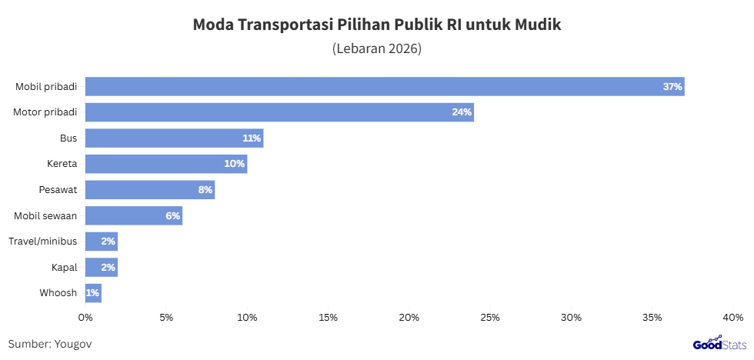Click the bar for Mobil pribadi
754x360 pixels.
pyautogui.click(x=385, y=87)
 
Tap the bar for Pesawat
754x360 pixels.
pyautogui.click(x=150, y=190)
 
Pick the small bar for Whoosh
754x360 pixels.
pyautogui.click(x=93, y=293)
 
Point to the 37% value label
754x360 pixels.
pyautogui.click(x=672, y=87)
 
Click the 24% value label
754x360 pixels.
pyautogui.click(x=462, y=112)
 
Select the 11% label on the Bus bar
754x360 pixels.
pyautogui.click(x=252, y=138)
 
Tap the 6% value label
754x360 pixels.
pyautogui.click(x=172, y=216)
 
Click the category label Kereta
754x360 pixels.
pyautogui.click(x=62, y=164)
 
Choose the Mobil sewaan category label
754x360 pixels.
pyautogui.click(x=46, y=216)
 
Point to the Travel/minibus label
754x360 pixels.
pyautogui.click(x=43, y=242)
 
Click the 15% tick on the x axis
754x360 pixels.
pyautogui.click(x=329, y=317)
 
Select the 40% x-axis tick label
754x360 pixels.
pyautogui.click(x=732, y=317)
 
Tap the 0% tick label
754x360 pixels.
pyautogui.click(x=85, y=317)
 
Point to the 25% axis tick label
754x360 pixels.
pyautogui.click(x=490, y=317)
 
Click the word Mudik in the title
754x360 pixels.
pyautogui.click(x=539, y=25)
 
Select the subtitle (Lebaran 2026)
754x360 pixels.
pyautogui.click(x=377, y=48)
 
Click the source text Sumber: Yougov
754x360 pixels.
pyautogui.click(x=50, y=344)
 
